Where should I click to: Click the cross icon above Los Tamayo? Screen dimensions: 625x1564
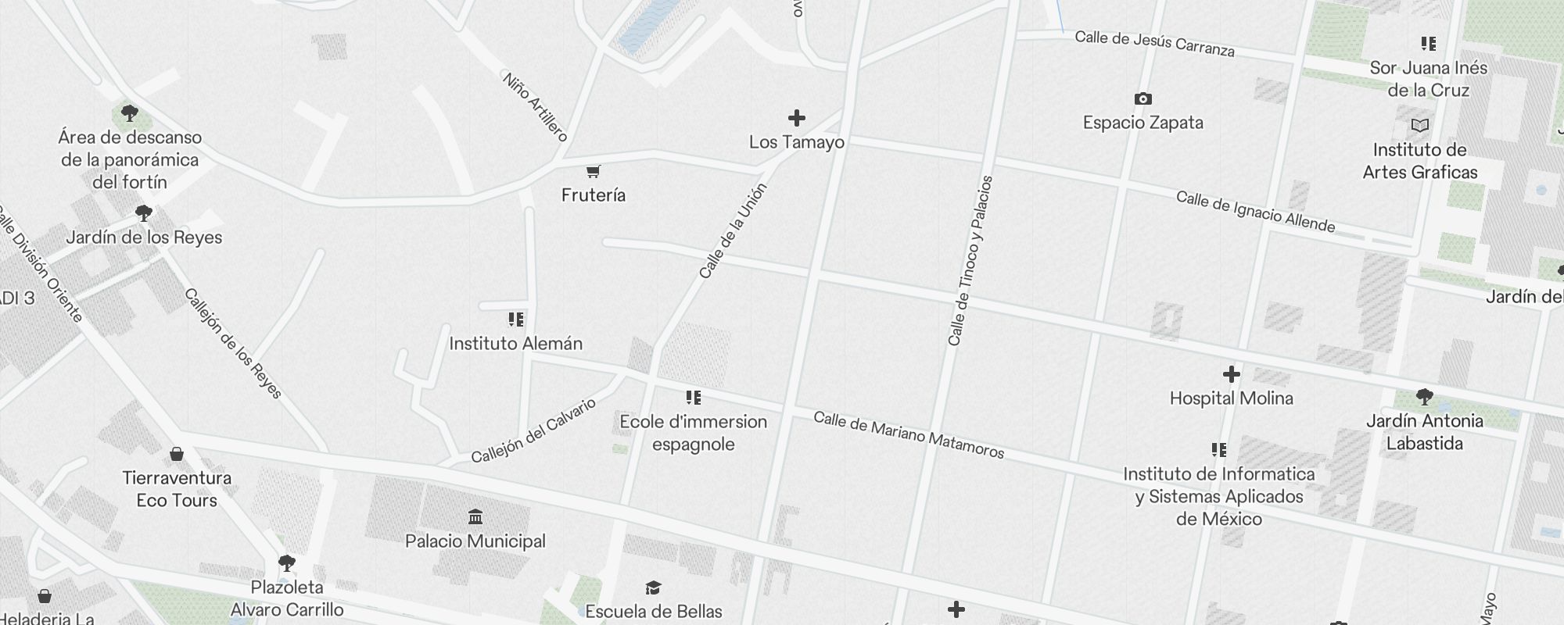[x=796, y=118]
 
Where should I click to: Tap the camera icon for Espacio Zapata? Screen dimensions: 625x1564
[x=1143, y=99]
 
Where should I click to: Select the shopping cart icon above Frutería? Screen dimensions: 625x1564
[x=593, y=171]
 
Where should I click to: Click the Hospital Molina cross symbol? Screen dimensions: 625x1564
[x=1231, y=374]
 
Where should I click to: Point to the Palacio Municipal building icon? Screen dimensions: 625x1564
[x=475, y=517]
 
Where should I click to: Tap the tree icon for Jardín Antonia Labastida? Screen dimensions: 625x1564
[x=1424, y=397]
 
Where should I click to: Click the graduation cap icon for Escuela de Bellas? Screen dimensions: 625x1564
[x=653, y=587]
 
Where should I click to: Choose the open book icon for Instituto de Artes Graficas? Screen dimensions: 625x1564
[x=1419, y=126]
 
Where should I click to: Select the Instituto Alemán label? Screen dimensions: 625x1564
[x=515, y=343]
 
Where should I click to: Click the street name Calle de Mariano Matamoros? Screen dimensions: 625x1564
[x=909, y=434]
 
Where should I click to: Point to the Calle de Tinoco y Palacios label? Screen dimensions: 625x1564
[x=970, y=260]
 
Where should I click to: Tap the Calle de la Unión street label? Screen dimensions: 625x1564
[x=733, y=231]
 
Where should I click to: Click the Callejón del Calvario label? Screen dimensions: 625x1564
[x=533, y=430]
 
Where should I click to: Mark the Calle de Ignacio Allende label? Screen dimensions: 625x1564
[x=1255, y=212]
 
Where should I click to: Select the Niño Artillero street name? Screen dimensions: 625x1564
[x=535, y=106]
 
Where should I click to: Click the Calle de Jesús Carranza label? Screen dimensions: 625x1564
[x=1154, y=44]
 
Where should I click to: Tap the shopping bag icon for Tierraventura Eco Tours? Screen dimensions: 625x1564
[x=177, y=454]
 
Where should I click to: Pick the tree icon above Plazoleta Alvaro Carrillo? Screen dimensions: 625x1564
[x=287, y=562]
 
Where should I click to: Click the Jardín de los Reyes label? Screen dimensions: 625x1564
[x=144, y=237]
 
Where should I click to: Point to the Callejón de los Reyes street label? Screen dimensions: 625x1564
[x=233, y=344]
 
